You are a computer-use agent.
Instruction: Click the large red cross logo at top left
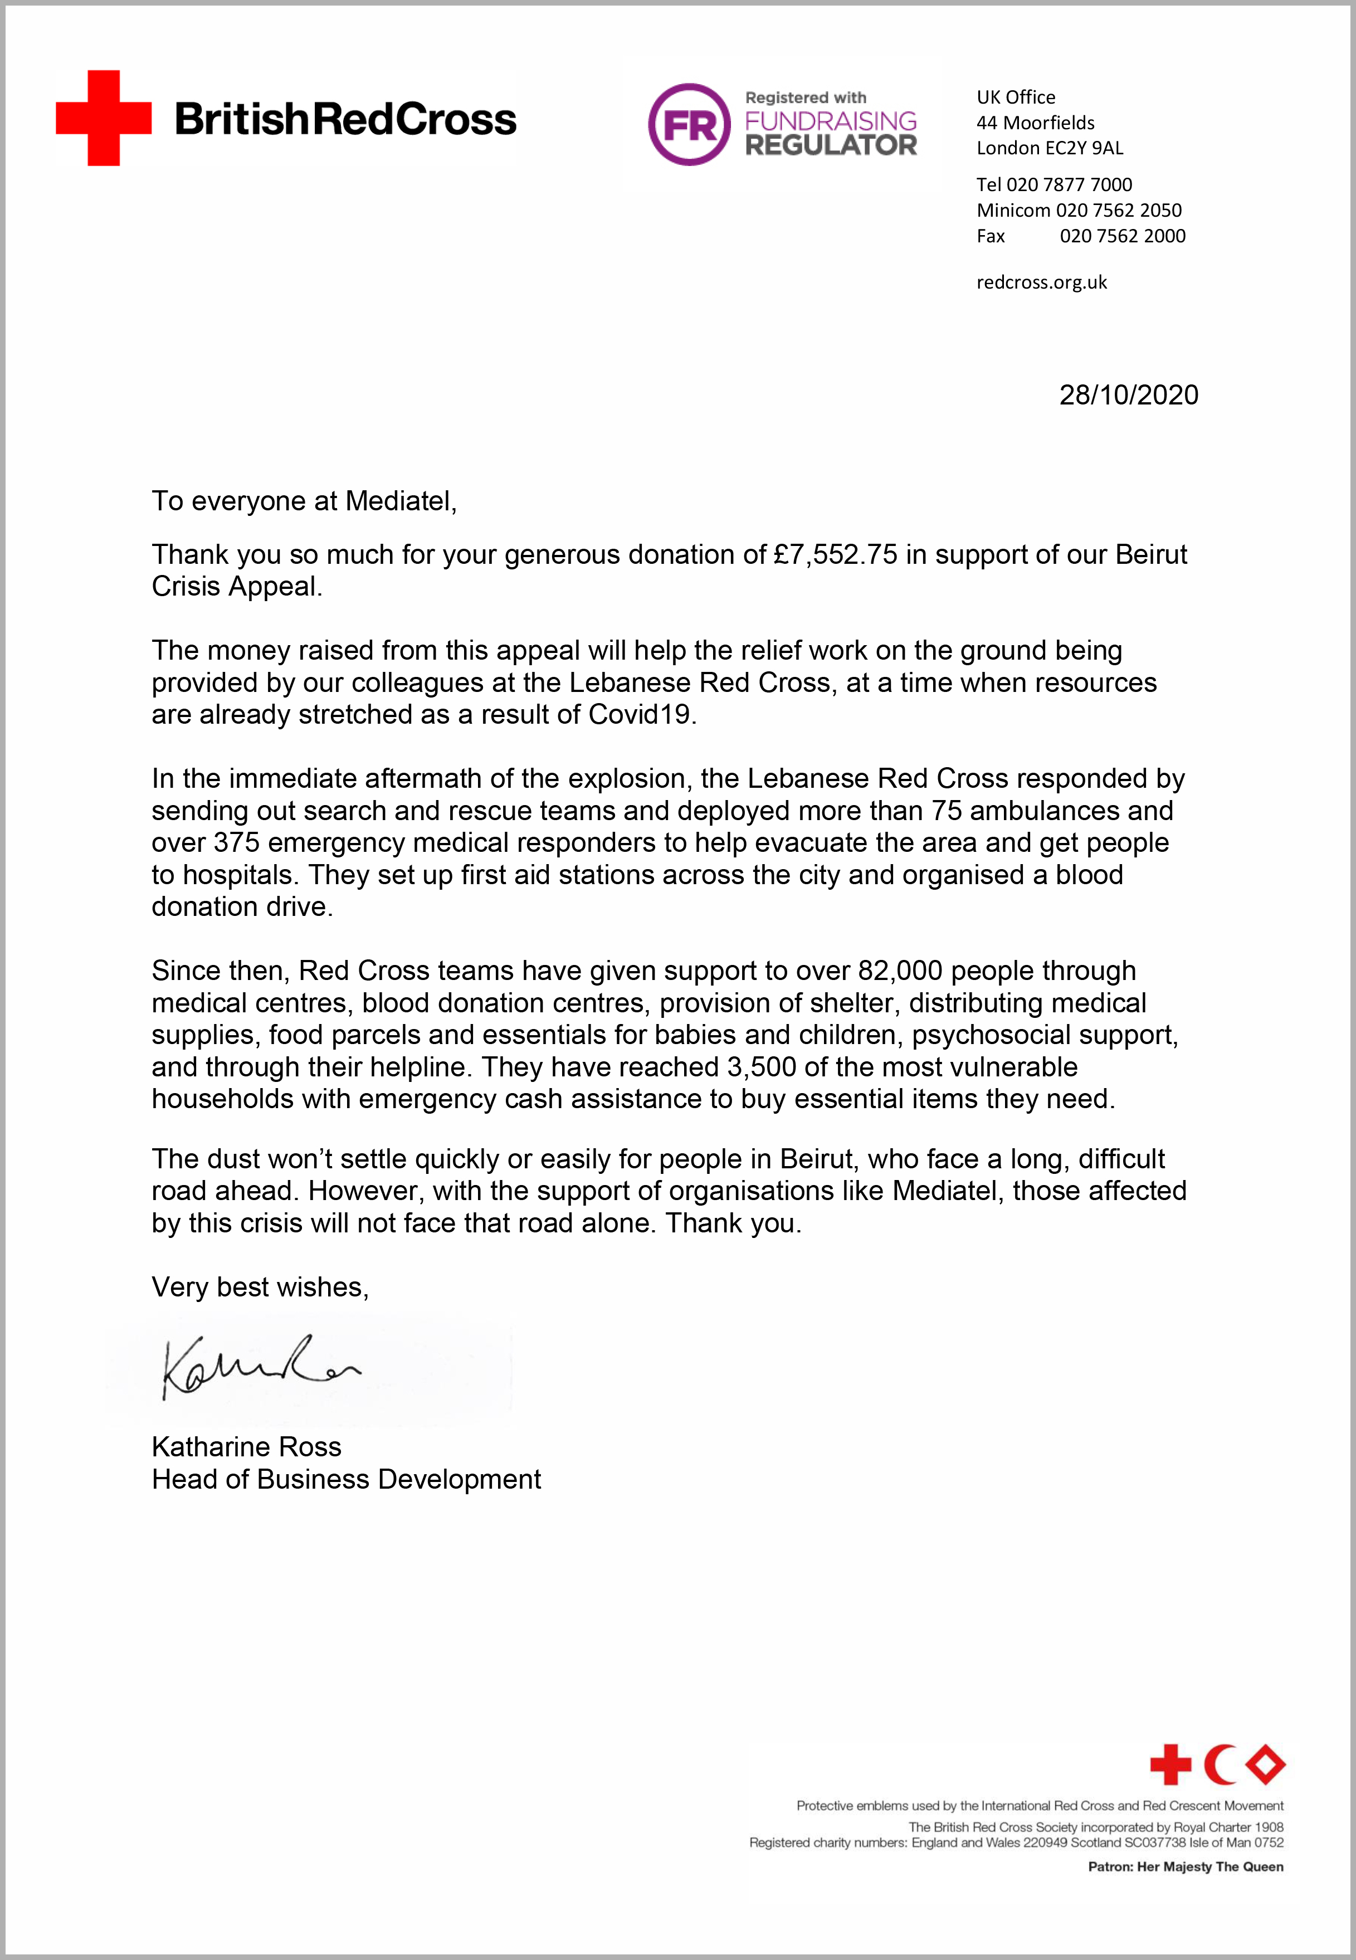104,118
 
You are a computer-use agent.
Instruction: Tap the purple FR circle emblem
689,124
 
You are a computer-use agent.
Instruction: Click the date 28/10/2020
1128,395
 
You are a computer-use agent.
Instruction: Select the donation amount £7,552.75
835,555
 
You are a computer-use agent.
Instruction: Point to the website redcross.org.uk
1042,282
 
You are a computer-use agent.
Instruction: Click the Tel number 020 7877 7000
1069,184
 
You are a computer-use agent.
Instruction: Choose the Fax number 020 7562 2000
1123,236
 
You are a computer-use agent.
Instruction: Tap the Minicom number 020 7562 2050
1118,210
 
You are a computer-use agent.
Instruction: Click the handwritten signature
259,1366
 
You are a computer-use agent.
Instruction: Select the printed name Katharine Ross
246,1447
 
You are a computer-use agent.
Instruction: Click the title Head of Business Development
346,1479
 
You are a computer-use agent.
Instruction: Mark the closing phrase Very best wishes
259,1287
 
